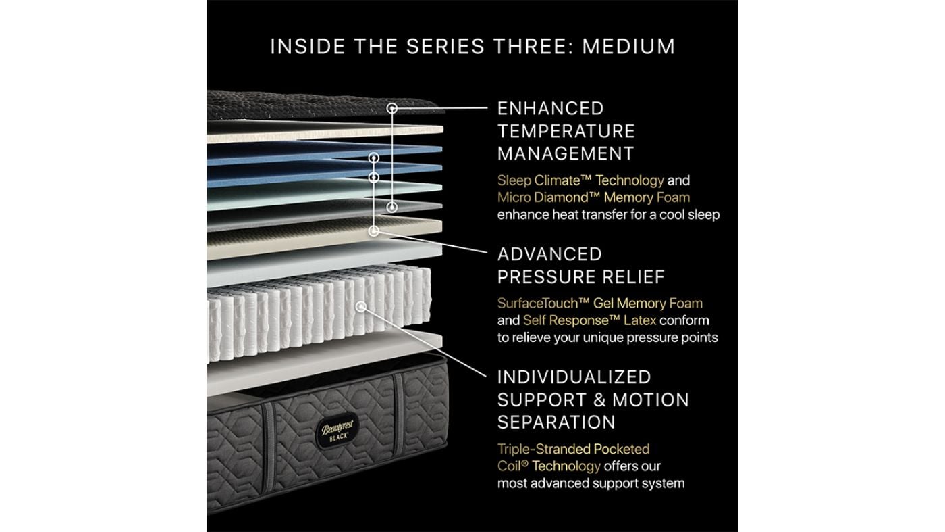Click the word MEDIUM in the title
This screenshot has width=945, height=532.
tap(628, 47)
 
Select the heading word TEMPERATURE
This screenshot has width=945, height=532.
tap(566, 130)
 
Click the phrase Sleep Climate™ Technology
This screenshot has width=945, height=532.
tap(580, 180)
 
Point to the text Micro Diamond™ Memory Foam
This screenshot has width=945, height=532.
tap(593, 197)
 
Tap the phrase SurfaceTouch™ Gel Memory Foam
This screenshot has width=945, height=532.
tap(599, 304)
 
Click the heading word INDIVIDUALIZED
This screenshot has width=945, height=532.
tap(574, 377)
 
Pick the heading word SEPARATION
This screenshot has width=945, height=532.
tap(556, 422)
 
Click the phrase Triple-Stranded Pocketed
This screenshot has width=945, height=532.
tap(573, 449)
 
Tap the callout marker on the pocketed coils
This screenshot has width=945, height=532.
tap(360, 306)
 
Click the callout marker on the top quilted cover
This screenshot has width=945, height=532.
tap(391, 108)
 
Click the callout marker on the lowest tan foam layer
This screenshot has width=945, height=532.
tap(374, 231)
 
